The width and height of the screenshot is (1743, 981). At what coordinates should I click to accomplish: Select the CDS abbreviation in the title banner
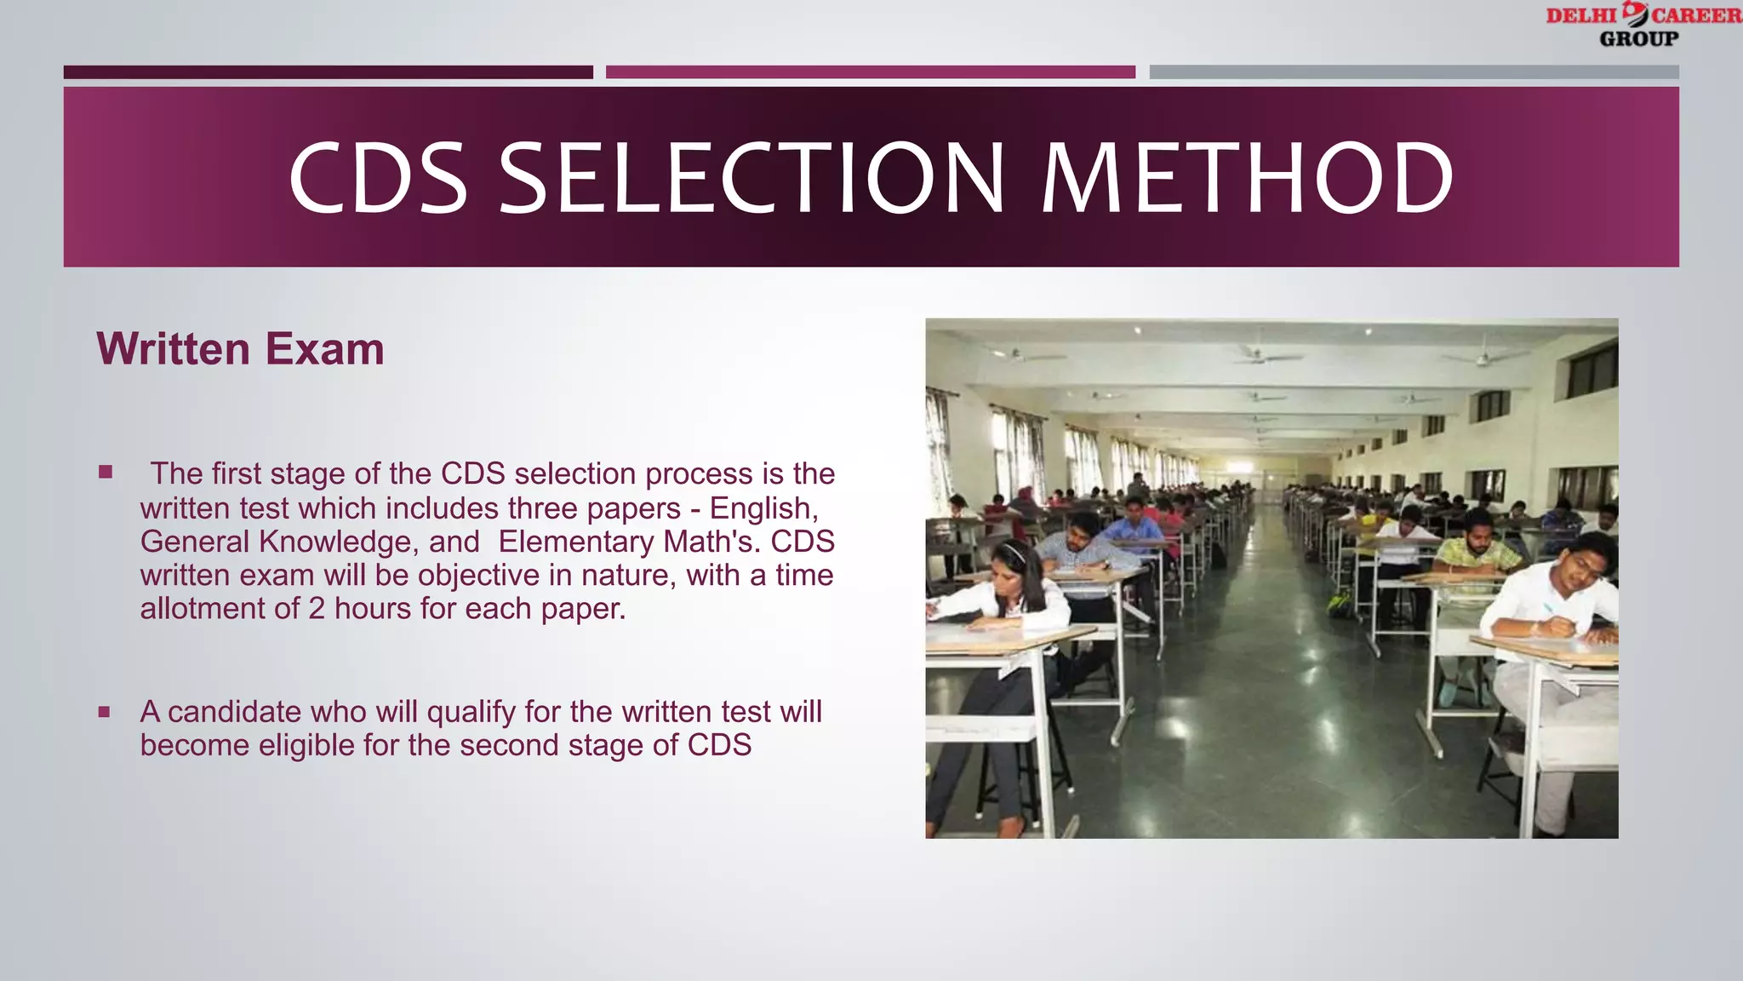click(x=378, y=178)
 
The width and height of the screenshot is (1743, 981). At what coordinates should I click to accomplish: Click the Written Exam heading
click(x=240, y=349)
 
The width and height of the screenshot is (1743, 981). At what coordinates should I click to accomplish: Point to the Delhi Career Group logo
click(x=1643, y=26)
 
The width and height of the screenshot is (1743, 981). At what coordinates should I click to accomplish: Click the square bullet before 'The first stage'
click(x=106, y=472)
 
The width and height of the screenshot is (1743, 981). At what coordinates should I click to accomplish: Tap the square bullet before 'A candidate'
click(x=104, y=711)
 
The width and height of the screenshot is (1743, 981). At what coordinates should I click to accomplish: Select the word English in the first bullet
click(x=763, y=508)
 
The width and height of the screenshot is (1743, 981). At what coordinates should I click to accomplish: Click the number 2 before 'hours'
click(x=316, y=609)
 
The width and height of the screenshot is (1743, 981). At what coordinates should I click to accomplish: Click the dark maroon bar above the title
click(x=328, y=72)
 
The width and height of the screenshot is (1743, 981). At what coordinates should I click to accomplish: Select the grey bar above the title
click(x=1414, y=72)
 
